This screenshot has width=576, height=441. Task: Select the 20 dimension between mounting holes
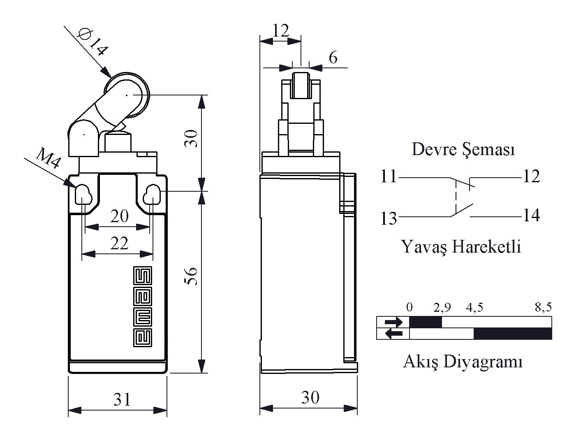click(x=119, y=216)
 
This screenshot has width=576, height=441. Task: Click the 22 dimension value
click(x=119, y=244)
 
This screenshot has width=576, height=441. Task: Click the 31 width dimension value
click(x=122, y=399)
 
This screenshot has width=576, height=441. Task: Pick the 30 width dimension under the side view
click(x=310, y=397)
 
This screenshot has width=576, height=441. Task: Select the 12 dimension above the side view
click(x=281, y=30)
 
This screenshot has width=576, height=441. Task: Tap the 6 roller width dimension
click(x=333, y=58)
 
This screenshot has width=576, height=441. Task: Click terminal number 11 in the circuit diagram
click(x=389, y=177)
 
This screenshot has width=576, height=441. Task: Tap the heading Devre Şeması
click(x=463, y=149)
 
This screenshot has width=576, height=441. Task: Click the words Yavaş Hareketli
click(x=461, y=247)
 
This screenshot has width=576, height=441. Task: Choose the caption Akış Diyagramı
click(x=463, y=362)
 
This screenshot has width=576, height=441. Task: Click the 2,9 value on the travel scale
click(x=442, y=307)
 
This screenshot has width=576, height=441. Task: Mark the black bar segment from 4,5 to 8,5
click(x=512, y=334)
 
